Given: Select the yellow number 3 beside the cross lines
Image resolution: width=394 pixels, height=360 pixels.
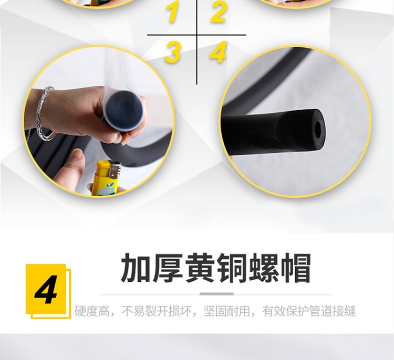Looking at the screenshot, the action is pyautogui.click(x=172, y=52).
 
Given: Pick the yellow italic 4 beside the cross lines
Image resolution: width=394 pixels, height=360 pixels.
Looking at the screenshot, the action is pyautogui.click(x=218, y=52).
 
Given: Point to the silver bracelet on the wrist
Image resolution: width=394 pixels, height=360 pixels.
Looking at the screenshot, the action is pyautogui.click(x=45, y=113).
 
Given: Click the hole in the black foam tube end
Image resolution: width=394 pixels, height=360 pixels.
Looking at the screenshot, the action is pyautogui.click(x=318, y=128).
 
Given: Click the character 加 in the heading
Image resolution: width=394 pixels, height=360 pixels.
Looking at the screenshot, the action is pyautogui.click(x=136, y=268).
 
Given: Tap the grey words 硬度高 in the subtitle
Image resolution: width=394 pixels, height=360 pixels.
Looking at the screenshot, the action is pyautogui.click(x=92, y=311).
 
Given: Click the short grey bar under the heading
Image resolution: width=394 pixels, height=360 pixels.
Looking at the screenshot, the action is pyautogui.click(x=216, y=294).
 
